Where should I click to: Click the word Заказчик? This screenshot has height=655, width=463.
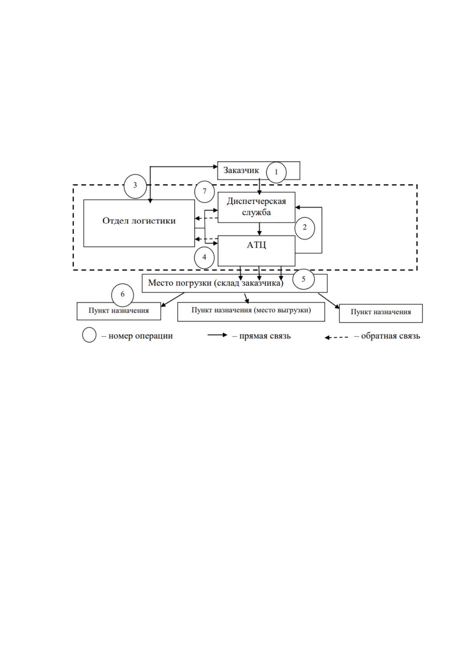(x=241, y=170)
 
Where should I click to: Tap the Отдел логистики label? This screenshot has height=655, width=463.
(x=139, y=221)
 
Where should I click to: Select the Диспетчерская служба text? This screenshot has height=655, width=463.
(x=256, y=207)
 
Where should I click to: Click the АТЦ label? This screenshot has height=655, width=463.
(x=256, y=245)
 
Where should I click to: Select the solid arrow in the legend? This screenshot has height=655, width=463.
(x=217, y=335)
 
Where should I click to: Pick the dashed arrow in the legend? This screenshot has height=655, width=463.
(x=336, y=338)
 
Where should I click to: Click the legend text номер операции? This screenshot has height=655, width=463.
(x=140, y=336)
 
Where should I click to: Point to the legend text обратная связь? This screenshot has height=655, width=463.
(x=390, y=336)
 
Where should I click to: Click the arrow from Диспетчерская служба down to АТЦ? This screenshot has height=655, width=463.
(x=259, y=229)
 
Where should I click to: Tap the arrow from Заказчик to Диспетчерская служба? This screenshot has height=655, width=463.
(x=259, y=187)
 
